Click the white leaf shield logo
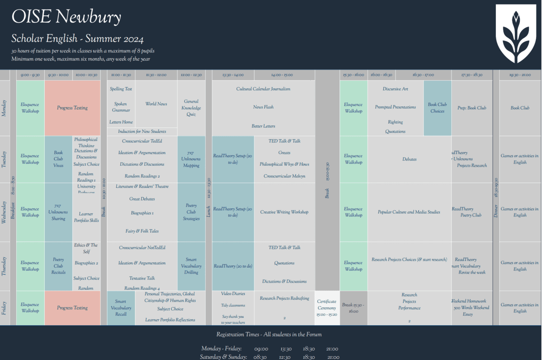[x=515, y=34]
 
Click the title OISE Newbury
[x=66, y=17]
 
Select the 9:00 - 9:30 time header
[x=30, y=75]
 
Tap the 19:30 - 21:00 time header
[x=520, y=75]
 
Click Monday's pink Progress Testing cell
[x=72, y=108]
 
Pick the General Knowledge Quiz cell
[x=191, y=108]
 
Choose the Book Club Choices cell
[x=437, y=108]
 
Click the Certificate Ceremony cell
[x=327, y=308]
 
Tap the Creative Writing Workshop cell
[x=284, y=212]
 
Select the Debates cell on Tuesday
[x=409, y=159]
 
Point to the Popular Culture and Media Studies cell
[x=409, y=212]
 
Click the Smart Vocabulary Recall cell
[x=121, y=308]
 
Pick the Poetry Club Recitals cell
[x=58, y=266]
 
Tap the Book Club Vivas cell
[x=58, y=159]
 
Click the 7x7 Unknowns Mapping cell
[x=191, y=159]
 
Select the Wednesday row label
[x=5, y=212]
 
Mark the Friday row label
[x=5, y=308]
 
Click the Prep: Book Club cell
[x=472, y=108]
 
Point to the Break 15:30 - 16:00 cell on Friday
[x=353, y=308]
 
